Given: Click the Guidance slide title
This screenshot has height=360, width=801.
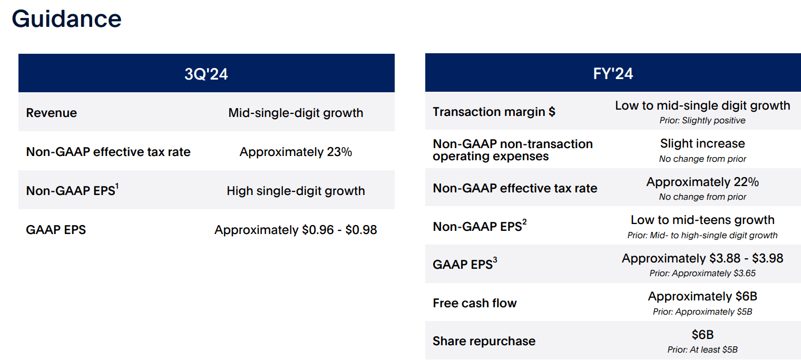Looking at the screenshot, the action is click(66, 19).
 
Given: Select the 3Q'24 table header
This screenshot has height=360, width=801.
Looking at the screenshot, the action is click(206, 74).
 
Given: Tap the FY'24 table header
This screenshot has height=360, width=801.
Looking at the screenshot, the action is click(613, 74).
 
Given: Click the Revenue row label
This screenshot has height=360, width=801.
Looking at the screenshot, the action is click(52, 113).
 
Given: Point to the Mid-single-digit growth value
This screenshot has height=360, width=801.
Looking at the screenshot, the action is click(296, 113).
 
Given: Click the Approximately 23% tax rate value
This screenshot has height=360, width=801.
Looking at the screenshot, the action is click(296, 152).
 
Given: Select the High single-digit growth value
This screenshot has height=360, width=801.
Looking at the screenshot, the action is click(296, 191).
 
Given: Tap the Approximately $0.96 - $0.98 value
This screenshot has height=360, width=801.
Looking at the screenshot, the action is click(296, 230).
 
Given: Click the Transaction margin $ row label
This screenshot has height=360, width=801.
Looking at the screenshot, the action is click(494, 112).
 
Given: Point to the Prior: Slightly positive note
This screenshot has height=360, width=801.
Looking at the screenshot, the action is click(702, 121).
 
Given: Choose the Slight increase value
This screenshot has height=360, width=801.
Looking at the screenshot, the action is click(702, 143).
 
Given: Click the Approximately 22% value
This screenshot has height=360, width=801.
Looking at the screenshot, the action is click(702, 182).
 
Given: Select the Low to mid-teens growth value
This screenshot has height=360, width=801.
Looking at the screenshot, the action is click(702, 220).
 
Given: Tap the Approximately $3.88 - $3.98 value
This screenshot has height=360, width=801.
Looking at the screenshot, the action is click(702, 258).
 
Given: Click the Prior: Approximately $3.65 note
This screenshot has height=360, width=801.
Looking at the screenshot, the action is click(702, 274).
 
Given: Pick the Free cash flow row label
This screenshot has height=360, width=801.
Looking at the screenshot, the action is click(474, 303).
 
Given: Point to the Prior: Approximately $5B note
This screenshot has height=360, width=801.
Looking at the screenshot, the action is click(702, 312).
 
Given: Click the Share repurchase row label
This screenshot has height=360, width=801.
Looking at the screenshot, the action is click(484, 341).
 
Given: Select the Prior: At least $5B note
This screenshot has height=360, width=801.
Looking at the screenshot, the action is click(702, 349).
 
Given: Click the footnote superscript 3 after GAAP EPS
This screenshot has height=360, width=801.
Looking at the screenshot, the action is click(495, 260).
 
